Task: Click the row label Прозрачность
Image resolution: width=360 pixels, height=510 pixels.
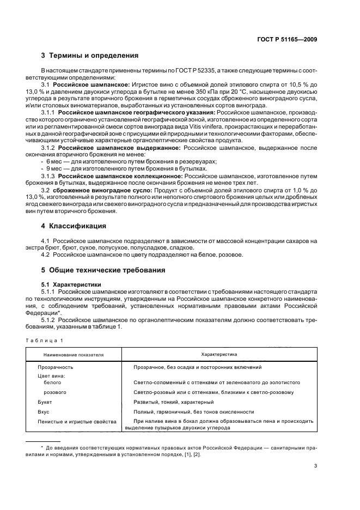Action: click(55, 368)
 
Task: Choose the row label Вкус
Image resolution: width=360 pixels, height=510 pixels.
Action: click(43, 412)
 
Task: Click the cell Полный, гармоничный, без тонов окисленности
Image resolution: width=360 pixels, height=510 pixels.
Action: click(193, 412)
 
